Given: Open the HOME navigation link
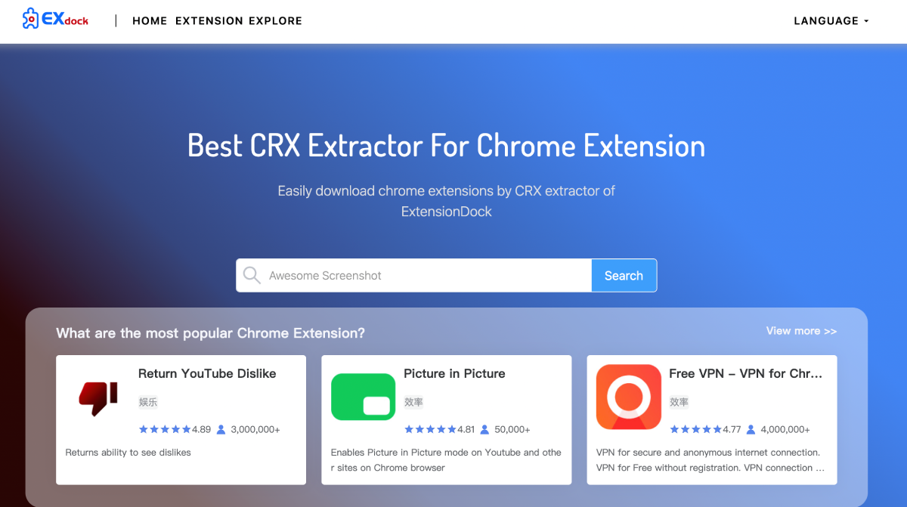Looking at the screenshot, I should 150,21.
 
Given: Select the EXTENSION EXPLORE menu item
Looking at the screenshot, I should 239,21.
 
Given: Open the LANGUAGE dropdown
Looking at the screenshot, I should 831,21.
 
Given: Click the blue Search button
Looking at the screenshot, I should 624,276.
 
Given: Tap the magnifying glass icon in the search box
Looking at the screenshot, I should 252,276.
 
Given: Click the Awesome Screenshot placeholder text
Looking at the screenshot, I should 325,276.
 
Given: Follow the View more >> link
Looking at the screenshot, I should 801,331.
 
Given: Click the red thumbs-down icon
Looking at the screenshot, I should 98,397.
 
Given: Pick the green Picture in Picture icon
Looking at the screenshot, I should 364,397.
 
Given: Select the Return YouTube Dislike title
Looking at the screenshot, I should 207,373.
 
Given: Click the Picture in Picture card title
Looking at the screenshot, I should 454,373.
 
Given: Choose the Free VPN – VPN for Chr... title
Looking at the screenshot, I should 745,373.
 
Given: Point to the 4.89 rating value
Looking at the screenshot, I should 201,429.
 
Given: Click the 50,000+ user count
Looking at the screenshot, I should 512,429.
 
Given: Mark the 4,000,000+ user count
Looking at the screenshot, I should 785,429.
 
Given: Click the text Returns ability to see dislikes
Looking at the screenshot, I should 128,453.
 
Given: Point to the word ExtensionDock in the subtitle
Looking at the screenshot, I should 446,212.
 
